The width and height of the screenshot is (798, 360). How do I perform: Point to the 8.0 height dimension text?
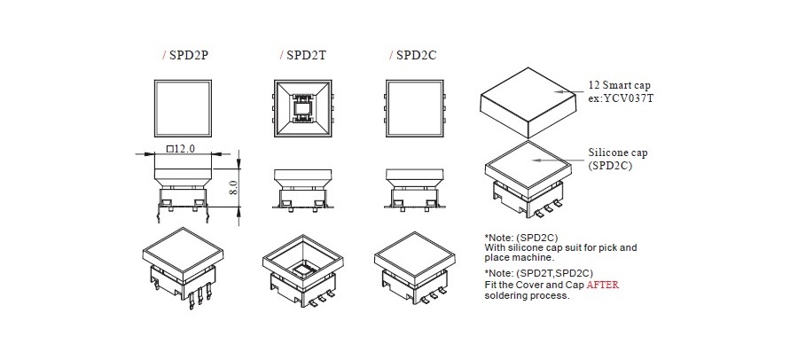coord(233,187)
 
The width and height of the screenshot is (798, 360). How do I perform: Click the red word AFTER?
coord(603,285)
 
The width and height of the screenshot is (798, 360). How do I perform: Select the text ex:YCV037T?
coord(621,98)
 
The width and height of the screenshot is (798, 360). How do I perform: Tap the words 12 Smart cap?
coord(620,85)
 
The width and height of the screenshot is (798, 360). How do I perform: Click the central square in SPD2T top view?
coord(303,108)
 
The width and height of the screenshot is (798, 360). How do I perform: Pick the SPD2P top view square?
coord(183,108)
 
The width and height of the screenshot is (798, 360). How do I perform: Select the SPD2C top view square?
coord(414,108)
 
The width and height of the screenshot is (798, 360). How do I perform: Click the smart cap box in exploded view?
coord(528,102)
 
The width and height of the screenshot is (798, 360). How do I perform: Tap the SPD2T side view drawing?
coord(303,189)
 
